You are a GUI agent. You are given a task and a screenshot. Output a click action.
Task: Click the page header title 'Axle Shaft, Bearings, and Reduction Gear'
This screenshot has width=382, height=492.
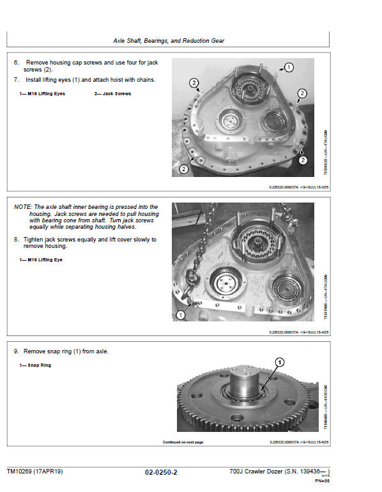[x=169, y=41]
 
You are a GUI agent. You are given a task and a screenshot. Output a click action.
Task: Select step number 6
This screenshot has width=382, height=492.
[x=17, y=63]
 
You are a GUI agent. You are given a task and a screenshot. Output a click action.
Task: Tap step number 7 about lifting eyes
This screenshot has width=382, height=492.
[x=17, y=80]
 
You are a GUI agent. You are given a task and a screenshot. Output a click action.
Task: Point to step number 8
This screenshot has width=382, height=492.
[x=17, y=240]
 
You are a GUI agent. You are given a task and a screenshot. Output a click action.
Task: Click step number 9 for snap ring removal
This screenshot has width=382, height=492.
[x=17, y=351]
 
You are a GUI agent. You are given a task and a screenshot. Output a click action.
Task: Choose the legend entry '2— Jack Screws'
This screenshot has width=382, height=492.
[x=112, y=94]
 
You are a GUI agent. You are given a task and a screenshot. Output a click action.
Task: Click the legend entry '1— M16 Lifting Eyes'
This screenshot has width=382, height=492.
[x=42, y=94]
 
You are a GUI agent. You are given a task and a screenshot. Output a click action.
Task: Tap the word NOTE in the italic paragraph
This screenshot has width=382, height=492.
[x=24, y=207]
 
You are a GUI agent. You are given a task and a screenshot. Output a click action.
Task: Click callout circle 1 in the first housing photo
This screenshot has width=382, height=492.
[x=288, y=67]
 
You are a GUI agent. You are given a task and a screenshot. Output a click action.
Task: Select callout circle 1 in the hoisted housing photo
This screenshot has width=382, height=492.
[x=181, y=315]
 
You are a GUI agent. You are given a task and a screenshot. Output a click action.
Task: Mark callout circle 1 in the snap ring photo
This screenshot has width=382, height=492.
[x=279, y=362]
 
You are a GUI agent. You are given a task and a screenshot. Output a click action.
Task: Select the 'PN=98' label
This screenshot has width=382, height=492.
[x=321, y=481]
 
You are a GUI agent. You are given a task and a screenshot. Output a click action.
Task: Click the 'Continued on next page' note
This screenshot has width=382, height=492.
[x=182, y=442]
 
